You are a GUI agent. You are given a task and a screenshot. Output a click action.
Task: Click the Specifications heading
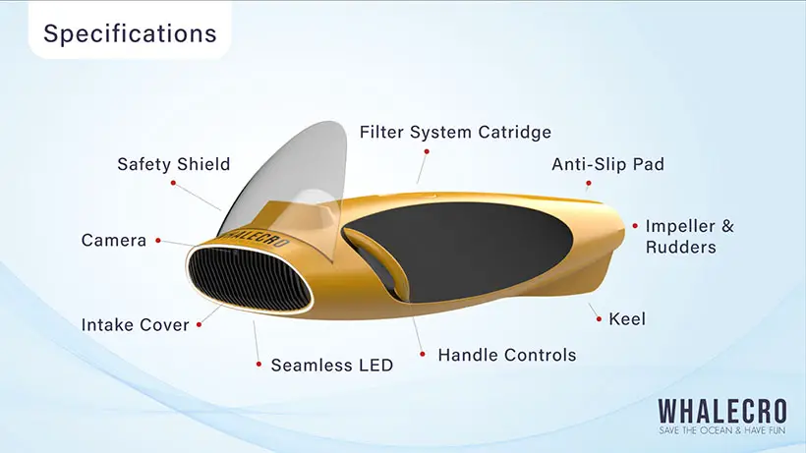tap(130, 33)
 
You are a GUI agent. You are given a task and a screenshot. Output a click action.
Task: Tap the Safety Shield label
tap(174, 164)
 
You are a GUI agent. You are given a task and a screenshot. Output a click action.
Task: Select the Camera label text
tap(114, 241)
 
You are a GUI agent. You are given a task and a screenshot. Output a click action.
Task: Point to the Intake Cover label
tap(136, 324)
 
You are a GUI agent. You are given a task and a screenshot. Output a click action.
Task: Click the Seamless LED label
tap(332, 366)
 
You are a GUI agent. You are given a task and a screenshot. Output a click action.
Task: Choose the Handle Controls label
tap(507, 355)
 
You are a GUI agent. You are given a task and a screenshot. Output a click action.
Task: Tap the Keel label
tap(627, 319)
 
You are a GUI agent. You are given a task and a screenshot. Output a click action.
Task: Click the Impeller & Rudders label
tap(690, 236)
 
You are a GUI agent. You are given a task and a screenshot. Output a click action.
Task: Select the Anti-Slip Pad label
tap(607, 164)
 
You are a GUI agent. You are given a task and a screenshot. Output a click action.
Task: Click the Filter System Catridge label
tap(455, 132)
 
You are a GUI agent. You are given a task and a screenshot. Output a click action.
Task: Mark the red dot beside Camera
tap(158, 241)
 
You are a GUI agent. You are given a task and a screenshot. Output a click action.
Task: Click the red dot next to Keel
tap(599, 319)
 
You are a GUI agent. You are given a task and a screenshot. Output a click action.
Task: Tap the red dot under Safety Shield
tap(173, 183)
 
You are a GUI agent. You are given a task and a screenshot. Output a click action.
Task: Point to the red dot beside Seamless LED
tap(259, 365)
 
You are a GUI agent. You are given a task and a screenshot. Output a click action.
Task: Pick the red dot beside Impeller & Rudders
tap(635, 225)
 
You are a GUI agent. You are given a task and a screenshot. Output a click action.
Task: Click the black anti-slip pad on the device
tap(463, 252)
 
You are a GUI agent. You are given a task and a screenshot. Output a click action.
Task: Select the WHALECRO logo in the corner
tap(722, 412)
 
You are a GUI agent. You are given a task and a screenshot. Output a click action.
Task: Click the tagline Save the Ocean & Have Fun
tap(722, 430)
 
